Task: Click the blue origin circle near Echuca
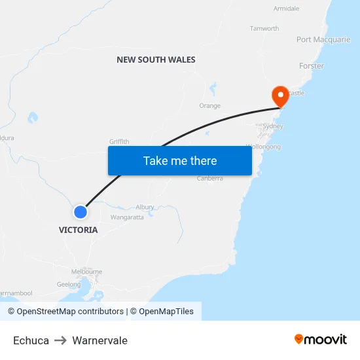click(x=80, y=212)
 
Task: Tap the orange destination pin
click(x=281, y=97)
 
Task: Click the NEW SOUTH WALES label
click(x=156, y=60)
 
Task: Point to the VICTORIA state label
click(x=78, y=230)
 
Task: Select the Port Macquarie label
click(x=323, y=40)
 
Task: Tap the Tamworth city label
click(x=264, y=29)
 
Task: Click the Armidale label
click(x=286, y=9)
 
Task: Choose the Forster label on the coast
click(x=312, y=66)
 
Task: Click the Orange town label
click(x=209, y=105)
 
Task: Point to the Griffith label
click(x=119, y=141)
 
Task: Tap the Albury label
click(x=145, y=207)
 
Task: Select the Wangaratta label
click(x=127, y=217)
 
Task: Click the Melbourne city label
click(x=86, y=272)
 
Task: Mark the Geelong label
click(x=69, y=285)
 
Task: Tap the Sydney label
click(x=272, y=126)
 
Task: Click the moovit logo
click(x=321, y=340)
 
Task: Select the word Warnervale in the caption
click(x=99, y=340)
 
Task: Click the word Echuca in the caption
click(x=31, y=340)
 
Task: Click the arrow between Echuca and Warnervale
click(x=60, y=340)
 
